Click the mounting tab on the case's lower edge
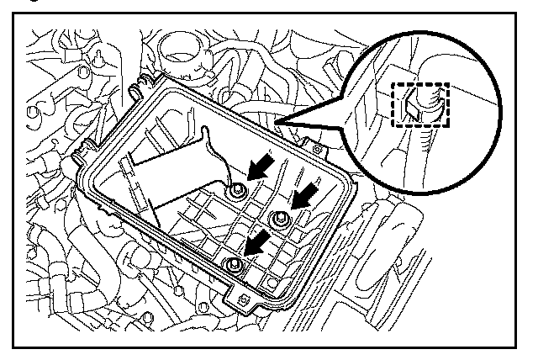click(x=240, y=298)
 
